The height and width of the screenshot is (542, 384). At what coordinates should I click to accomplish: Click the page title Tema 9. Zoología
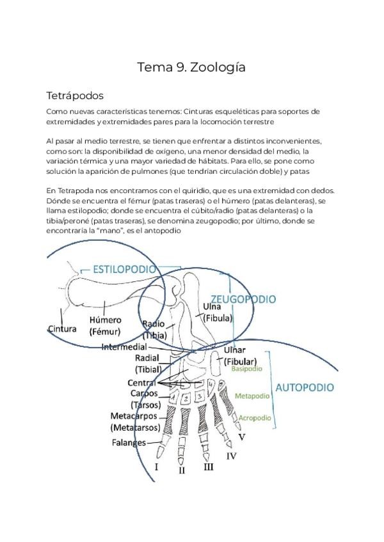[x=191, y=67]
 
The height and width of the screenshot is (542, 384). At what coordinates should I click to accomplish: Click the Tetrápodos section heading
[x=75, y=96]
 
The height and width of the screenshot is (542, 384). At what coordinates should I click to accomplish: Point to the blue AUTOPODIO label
[x=304, y=387]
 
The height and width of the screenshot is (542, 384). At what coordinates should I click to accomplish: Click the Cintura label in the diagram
[x=62, y=329]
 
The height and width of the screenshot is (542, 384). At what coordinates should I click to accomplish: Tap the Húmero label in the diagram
[x=106, y=320]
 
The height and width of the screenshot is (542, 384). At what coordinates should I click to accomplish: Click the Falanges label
[x=128, y=442]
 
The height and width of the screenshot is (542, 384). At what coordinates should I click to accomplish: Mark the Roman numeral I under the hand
[x=157, y=467]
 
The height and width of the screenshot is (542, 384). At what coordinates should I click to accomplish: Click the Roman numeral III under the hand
[x=209, y=467]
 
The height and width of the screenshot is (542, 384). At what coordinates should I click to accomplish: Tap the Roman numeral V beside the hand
[x=242, y=437]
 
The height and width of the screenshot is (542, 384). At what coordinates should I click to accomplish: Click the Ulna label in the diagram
[x=212, y=306]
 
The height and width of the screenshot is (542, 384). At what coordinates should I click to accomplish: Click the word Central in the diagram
[x=142, y=382]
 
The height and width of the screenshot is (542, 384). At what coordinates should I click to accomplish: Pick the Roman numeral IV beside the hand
[x=232, y=456]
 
